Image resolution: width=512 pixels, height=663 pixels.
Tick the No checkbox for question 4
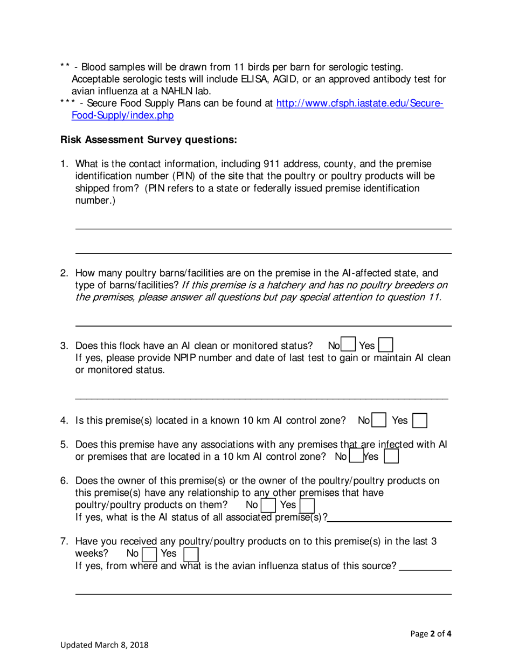[x=379, y=420]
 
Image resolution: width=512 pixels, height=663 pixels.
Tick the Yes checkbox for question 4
[x=420, y=420]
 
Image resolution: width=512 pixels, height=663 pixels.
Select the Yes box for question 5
[x=391, y=456]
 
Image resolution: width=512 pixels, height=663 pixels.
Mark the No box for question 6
[x=268, y=505]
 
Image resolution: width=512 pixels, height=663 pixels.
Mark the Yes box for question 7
[x=191, y=554]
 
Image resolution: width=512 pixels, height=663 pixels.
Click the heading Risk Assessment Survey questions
[x=148, y=140]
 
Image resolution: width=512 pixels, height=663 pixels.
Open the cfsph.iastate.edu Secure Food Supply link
[x=359, y=103]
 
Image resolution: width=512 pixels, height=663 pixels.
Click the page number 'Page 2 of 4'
[x=431, y=634]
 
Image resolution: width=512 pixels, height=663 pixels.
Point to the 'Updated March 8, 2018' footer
[x=105, y=645]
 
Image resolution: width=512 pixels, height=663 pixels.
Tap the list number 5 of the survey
[x=64, y=445]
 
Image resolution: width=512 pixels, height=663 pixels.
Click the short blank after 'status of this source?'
[x=426, y=568]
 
